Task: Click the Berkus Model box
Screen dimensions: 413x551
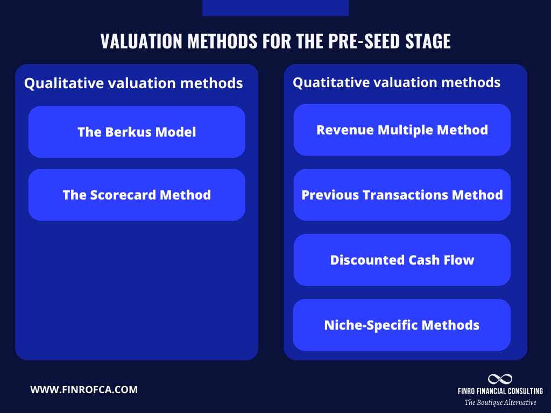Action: pos(137,132)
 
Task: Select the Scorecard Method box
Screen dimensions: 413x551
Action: pos(137,195)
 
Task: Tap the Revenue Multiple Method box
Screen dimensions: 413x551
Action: pos(402,130)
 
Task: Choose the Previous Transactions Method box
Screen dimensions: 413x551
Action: pos(402,195)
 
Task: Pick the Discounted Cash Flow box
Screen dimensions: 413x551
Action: pos(402,260)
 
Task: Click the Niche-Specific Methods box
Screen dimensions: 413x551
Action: pos(401,325)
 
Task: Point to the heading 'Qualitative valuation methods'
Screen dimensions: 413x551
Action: pos(133,83)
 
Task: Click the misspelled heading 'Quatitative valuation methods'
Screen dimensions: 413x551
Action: pos(397,82)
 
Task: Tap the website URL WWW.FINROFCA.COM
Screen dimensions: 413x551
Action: pos(84,389)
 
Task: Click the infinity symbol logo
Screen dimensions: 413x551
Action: pos(500,379)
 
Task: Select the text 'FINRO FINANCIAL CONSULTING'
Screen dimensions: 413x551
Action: pos(500,391)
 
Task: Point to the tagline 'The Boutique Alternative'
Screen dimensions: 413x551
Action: pos(500,402)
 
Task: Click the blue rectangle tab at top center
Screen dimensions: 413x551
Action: pos(275,8)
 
